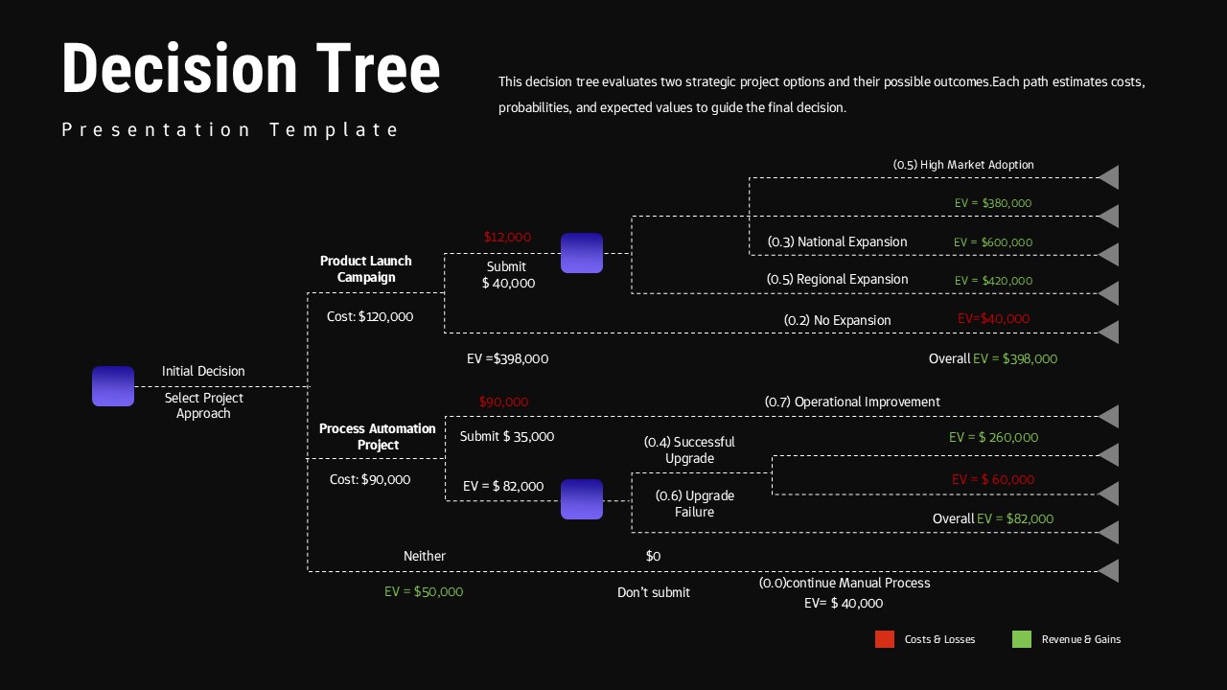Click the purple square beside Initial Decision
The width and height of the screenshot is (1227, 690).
coord(113,386)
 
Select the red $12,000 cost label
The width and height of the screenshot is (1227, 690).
coord(507,237)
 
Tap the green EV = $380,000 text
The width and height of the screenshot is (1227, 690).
coord(993,203)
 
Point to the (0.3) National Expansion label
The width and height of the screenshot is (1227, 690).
coord(837,241)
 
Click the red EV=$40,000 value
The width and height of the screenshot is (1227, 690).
coord(993,318)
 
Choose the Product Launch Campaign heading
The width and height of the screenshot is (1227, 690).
coord(366,268)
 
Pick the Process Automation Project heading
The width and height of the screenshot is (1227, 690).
coord(378,436)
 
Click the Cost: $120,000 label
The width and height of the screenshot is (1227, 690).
coord(370,316)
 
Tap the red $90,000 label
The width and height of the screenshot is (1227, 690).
coord(503,402)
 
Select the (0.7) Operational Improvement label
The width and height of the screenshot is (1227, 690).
coord(852,402)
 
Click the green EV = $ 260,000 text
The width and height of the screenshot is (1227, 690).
coord(993,437)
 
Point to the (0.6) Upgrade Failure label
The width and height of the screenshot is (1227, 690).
coord(695,503)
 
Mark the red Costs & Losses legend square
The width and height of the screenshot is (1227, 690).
coord(885,639)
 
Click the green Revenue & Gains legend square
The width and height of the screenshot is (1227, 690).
coord(1022,639)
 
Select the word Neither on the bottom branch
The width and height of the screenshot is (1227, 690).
coord(425,556)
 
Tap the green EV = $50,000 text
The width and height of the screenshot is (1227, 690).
coord(424,591)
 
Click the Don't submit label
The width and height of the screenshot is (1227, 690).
coord(654,592)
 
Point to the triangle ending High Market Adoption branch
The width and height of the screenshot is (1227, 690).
coord(1109,177)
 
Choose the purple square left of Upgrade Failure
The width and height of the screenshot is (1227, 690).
coord(582,499)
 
